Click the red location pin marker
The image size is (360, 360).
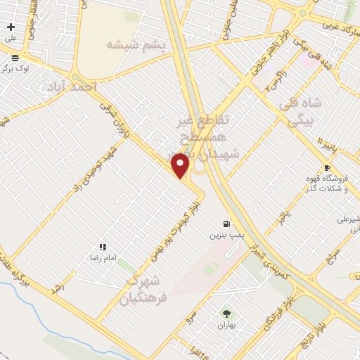click(x=181, y=165)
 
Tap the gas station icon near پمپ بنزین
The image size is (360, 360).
click(x=226, y=222)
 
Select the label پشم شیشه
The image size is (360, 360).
click(x=136, y=45)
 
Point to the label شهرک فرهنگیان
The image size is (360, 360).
click(x=147, y=286)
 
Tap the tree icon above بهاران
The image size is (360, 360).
click(x=226, y=314)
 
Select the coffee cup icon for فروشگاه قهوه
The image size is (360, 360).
click(x=326, y=167)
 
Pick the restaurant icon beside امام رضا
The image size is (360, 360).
click(x=103, y=247)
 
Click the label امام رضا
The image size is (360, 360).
click(x=101, y=259)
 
